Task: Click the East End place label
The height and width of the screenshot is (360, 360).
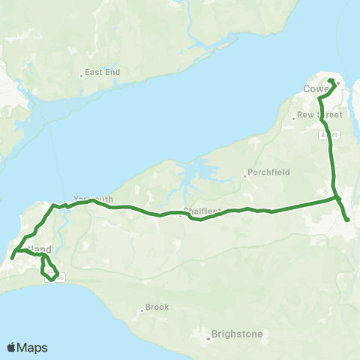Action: (97, 73)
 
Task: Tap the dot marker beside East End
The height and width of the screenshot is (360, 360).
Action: (81, 75)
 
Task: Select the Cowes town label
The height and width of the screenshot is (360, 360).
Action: (316, 90)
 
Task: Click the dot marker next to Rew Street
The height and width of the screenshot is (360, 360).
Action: (294, 118)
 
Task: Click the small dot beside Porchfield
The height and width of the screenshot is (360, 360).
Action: (245, 177)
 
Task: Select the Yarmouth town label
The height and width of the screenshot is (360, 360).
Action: (93, 199)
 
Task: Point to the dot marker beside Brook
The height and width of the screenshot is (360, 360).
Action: (142, 310)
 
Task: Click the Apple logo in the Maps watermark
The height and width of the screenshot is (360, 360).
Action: (12, 347)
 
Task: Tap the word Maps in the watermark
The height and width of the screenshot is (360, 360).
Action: (33, 347)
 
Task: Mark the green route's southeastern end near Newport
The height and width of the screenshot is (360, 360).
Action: (348, 219)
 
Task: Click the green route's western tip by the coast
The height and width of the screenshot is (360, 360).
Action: (12, 259)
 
